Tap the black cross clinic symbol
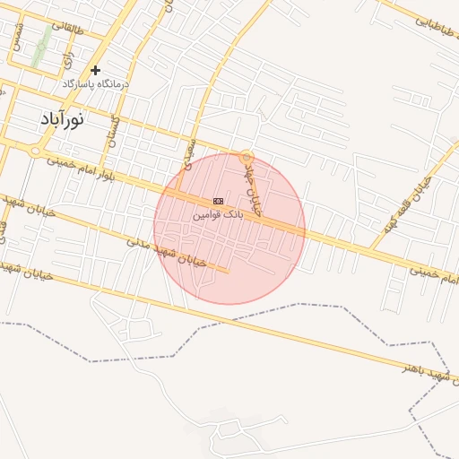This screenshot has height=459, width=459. click(x=95, y=70)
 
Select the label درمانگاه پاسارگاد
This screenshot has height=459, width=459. click(x=96, y=83)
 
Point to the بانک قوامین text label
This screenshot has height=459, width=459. click(x=218, y=216)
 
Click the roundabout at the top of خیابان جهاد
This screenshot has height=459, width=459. click(x=247, y=155)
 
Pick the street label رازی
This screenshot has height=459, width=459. click(x=67, y=59)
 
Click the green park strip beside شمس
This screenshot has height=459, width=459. click(x=40, y=45)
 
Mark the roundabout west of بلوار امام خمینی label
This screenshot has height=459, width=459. click(x=33, y=153)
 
